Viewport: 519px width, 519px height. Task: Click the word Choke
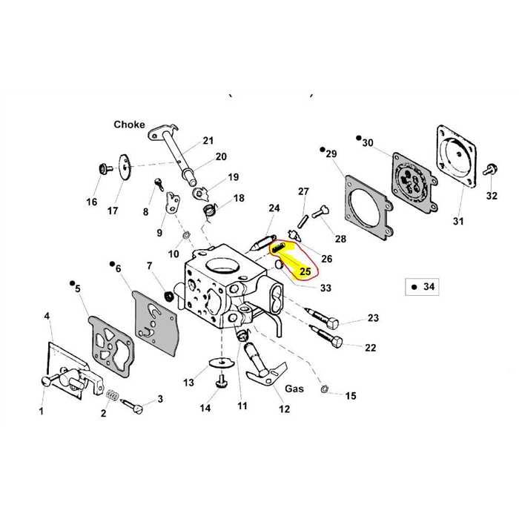(129, 125)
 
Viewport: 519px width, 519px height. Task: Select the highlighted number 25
(304, 272)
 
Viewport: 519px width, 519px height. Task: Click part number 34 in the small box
(428, 285)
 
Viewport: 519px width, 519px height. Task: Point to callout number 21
(208, 140)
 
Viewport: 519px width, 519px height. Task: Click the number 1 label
(42, 410)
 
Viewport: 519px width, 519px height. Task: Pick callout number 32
(492, 196)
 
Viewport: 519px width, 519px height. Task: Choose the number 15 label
(351, 396)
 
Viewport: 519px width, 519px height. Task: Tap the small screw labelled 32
(490, 169)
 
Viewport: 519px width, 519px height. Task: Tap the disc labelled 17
(122, 162)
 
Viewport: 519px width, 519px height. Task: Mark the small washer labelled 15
(325, 388)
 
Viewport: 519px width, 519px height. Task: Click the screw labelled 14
(220, 381)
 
